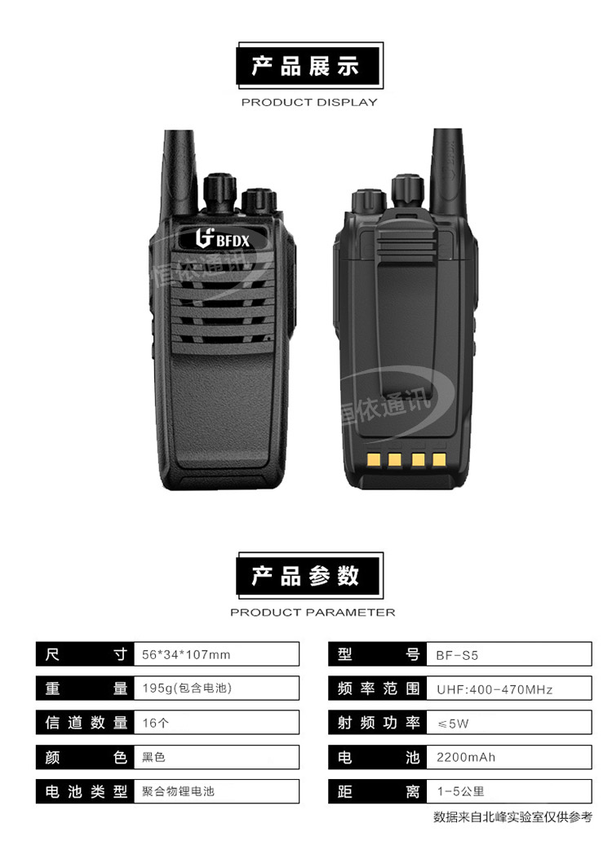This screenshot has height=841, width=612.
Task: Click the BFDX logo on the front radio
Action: click(x=223, y=239)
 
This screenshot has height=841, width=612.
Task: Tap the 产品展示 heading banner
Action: click(x=309, y=65)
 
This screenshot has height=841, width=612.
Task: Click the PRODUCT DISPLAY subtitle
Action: click(x=309, y=102)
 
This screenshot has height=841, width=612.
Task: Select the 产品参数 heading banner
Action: click(x=309, y=576)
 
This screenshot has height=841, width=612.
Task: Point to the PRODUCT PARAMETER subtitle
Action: click(x=313, y=612)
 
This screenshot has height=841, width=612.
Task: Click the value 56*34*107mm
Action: click(x=186, y=654)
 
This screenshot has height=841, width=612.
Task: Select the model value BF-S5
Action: click(x=457, y=655)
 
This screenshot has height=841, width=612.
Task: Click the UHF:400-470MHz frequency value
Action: click(x=494, y=689)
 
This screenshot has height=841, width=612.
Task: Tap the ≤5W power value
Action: click(x=453, y=724)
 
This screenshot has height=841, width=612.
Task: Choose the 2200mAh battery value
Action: click(x=466, y=757)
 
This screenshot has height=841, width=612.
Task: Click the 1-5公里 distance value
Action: click(x=460, y=791)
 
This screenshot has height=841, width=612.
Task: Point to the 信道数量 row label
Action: click(x=86, y=723)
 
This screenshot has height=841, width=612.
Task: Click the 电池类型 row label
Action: click(x=86, y=791)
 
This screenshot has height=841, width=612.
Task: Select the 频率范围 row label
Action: click(x=378, y=688)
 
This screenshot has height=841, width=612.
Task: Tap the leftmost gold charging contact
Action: click(x=374, y=459)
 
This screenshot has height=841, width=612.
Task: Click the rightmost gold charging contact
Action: click(x=439, y=459)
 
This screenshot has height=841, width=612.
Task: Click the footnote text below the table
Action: click(x=512, y=817)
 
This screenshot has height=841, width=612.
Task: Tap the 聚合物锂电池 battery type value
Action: click(x=178, y=791)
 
